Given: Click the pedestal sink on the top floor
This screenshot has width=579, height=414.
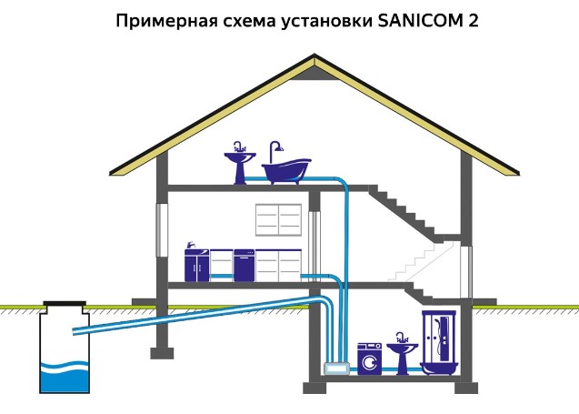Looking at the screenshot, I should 239,166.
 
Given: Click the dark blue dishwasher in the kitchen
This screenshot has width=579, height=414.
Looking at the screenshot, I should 245,265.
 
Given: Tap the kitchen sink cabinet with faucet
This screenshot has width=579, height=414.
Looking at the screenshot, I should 197,264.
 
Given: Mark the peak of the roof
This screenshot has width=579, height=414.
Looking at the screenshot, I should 314,57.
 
